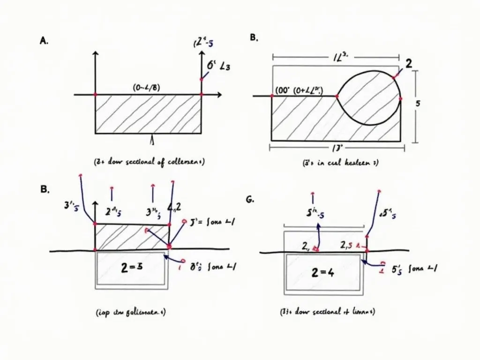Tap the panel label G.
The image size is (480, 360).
tap(249, 199)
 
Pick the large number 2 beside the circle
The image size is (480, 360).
tap(408, 64)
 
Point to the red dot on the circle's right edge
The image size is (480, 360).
tap(400, 98)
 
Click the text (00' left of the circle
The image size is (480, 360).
tap(281, 92)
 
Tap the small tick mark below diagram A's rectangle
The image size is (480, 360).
tap(151, 140)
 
